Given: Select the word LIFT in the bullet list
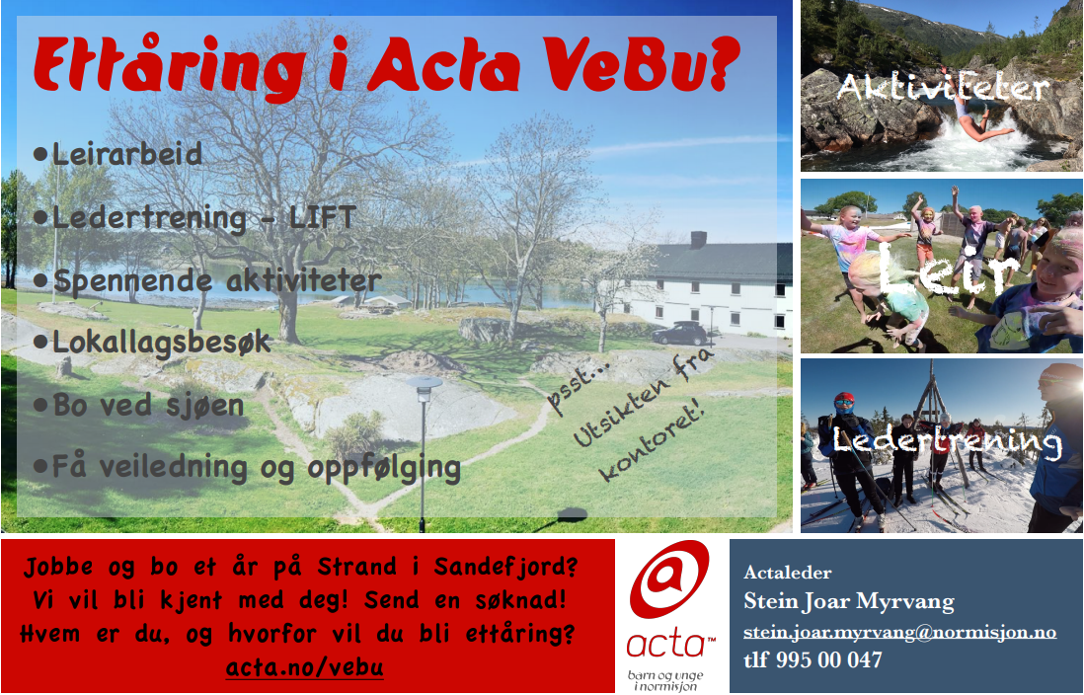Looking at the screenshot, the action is point(322,218).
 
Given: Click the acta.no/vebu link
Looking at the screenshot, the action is point(305,667).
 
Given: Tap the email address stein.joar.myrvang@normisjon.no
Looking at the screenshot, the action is point(900,632).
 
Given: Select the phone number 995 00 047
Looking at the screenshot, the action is point(829,659).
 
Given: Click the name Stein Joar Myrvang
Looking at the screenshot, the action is point(849,601).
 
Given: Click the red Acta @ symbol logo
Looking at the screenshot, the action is point(669,579).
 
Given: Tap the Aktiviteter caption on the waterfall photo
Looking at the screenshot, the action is point(943,88).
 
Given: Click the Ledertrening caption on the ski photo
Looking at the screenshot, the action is point(947,441).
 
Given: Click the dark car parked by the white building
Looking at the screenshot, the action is point(679,334).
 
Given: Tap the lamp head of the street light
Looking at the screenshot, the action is point(424,383).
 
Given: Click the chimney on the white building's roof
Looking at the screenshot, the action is point(698,239).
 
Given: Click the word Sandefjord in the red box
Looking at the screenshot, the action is point(505,567).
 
